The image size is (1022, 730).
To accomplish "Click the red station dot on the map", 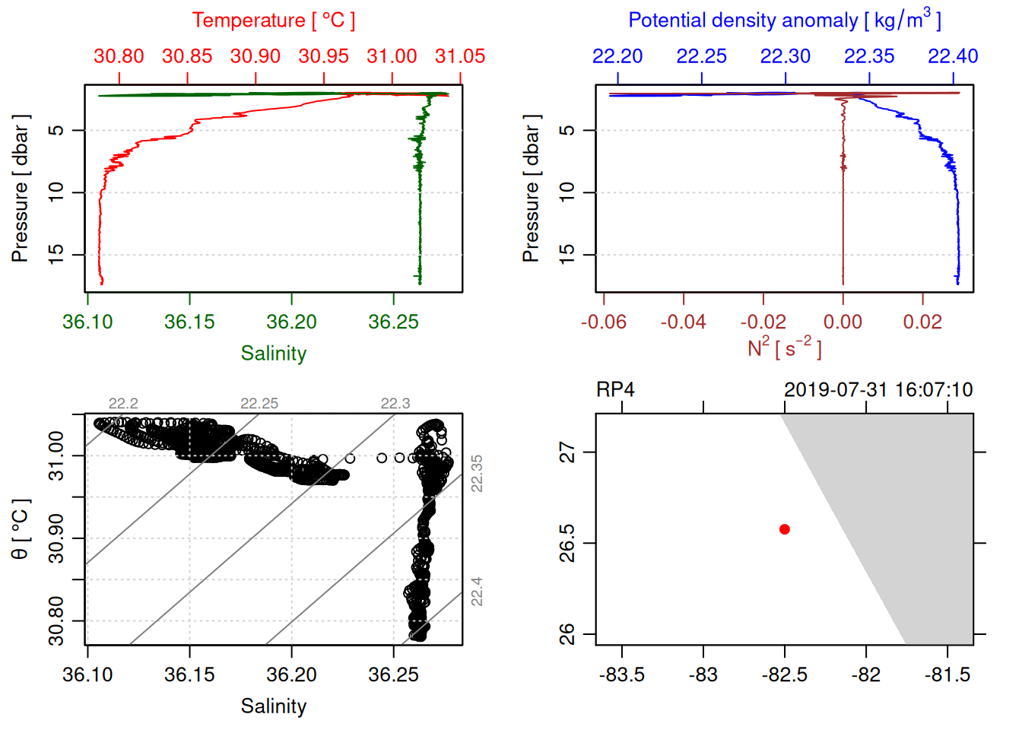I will click(785, 529).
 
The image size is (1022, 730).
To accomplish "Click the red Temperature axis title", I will click(273, 21).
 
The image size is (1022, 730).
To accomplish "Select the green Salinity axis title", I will click(273, 354).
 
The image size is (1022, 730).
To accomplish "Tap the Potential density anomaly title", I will click(784, 21).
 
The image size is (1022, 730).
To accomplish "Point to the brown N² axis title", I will click(784, 348).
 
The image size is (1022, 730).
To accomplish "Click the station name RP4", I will click(615, 390).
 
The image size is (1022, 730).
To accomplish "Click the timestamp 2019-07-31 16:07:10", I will click(878, 390).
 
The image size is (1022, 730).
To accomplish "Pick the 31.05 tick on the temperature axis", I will click(460, 56).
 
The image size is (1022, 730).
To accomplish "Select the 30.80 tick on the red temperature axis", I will click(119, 56).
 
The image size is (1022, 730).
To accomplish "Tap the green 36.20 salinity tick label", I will click(291, 322).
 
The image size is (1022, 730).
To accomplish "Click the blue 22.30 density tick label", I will click(786, 56).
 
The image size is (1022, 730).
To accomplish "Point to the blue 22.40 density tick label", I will click(953, 56).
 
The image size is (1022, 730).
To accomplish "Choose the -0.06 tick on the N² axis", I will click(604, 322).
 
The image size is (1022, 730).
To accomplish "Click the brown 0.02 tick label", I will click(922, 322).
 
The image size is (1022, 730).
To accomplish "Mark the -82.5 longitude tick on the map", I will click(784, 674).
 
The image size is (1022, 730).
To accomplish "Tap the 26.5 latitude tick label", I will click(567, 543).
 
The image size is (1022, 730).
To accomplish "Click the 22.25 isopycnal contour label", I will click(259, 404).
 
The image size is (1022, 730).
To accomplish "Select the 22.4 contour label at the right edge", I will click(477, 591).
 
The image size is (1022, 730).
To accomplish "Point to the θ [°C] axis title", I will click(21, 529).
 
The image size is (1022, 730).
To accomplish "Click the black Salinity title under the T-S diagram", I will click(273, 706).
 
